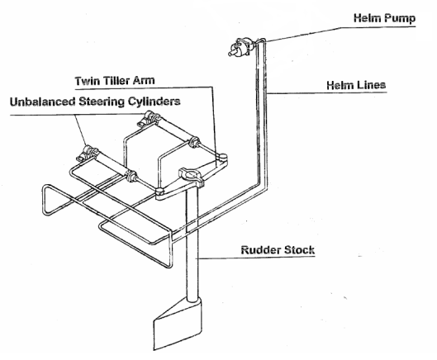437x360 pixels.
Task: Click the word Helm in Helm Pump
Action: point(367,18)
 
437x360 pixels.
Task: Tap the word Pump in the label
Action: point(400,19)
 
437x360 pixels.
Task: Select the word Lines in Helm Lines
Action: point(372,85)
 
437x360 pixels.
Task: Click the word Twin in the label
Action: point(88,81)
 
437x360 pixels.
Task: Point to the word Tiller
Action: point(116,81)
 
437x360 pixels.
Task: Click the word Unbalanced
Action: point(43,102)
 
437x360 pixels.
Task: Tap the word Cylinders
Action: point(154,102)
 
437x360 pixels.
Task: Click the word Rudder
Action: point(259,250)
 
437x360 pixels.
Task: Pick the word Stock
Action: point(298,250)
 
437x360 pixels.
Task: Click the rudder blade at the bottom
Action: point(178,324)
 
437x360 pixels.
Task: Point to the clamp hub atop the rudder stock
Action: point(192,177)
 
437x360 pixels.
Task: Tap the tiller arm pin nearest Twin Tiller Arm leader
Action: point(222,157)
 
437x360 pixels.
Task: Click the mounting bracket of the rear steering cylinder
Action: point(148,119)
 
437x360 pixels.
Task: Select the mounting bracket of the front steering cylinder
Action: point(88,154)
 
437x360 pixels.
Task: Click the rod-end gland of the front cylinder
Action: point(131,177)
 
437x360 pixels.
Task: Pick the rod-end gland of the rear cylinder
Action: point(194,142)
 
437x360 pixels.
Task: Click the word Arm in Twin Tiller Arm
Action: point(144,81)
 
